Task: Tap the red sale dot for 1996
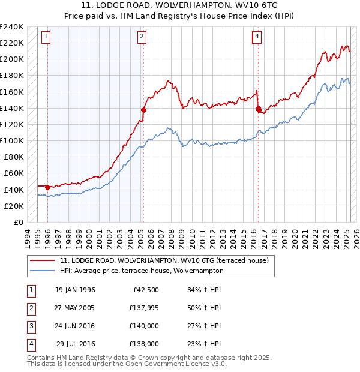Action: (47, 187)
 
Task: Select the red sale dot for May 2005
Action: (143, 110)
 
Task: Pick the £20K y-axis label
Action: (14, 206)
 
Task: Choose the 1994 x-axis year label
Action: (27, 237)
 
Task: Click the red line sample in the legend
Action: (43, 260)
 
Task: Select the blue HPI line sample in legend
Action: (43, 271)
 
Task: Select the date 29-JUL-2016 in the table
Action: (76, 344)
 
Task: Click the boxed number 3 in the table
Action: (29, 326)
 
